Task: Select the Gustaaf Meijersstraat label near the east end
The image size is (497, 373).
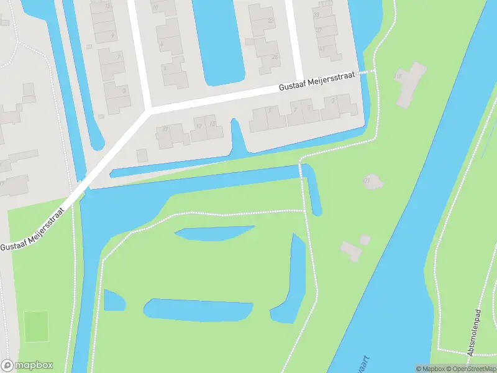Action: (317, 83)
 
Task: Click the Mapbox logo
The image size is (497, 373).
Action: (27, 366)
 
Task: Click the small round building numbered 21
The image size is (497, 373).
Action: (372, 182)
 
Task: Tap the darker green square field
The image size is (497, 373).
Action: (36, 326)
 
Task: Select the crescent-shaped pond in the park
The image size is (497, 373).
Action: (214, 233)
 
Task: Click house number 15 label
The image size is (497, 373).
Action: (398, 76)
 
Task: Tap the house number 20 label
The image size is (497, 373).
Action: (165, 128)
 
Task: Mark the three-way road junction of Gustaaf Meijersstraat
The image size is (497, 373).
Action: (149, 111)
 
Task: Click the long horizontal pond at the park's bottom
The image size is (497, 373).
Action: (199, 310)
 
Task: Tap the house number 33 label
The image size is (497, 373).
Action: (317, 14)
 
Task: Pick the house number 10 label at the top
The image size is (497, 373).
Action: (155, 7)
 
